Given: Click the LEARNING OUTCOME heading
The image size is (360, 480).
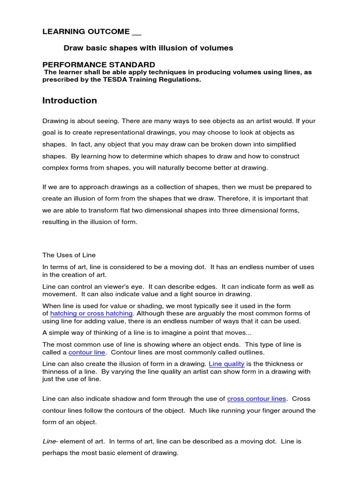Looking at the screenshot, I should [86, 32].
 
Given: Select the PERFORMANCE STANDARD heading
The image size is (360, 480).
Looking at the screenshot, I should [99, 64].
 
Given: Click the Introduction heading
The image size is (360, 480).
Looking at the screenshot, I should [70, 101].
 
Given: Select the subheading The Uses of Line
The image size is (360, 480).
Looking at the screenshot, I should [69, 255].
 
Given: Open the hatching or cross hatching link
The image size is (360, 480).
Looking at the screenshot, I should [92, 313].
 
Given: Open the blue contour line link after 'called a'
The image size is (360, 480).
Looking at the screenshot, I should [87, 352].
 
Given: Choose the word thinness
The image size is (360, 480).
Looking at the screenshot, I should [57, 372].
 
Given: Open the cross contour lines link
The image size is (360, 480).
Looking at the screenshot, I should [256, 399].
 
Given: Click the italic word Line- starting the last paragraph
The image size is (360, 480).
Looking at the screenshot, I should [49, 442].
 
